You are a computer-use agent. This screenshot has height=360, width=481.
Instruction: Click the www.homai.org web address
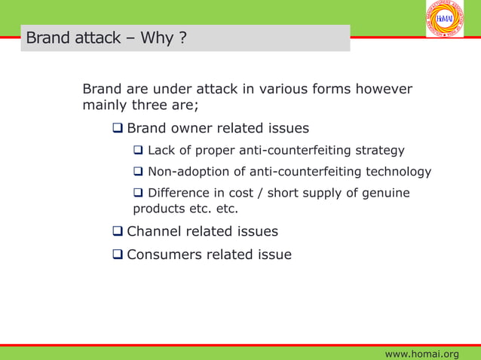421,354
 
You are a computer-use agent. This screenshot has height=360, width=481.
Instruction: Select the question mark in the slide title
182,38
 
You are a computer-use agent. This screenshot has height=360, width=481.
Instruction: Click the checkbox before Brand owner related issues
118,129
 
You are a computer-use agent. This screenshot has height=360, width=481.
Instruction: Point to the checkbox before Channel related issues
118,231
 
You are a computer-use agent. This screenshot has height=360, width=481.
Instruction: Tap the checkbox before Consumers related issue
118,255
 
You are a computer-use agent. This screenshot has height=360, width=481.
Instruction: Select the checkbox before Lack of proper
139,151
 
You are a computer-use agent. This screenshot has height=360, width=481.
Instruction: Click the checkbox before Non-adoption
139,172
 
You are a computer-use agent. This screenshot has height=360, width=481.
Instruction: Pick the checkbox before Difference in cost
139,194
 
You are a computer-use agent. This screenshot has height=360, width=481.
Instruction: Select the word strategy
379,151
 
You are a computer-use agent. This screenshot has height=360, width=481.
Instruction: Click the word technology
398,172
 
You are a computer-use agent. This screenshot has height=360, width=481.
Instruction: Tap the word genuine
384,194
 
